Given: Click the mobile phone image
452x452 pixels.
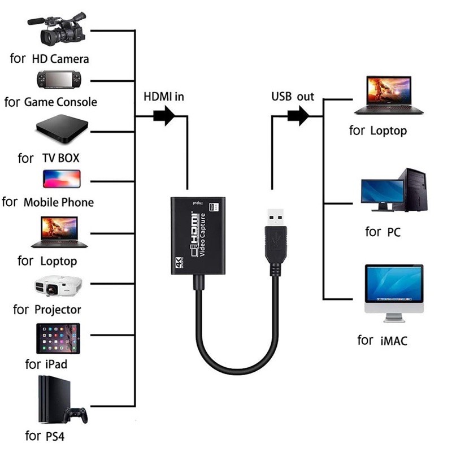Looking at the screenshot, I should pyautogui.click(x=62, y=179).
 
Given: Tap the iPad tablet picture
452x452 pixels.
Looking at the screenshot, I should pyautogui.click(x=58, y=339).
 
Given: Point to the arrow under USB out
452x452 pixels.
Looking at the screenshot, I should pyautogui.click(x=298, y=117).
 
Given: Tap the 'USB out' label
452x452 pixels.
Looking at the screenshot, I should pyautogui.click(x=292, y=97).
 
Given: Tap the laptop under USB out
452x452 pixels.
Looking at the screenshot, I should pyautogui.click(x=388, y=96).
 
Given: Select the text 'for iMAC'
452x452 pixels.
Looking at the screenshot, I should pyautogui.click(x=382, y=341).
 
